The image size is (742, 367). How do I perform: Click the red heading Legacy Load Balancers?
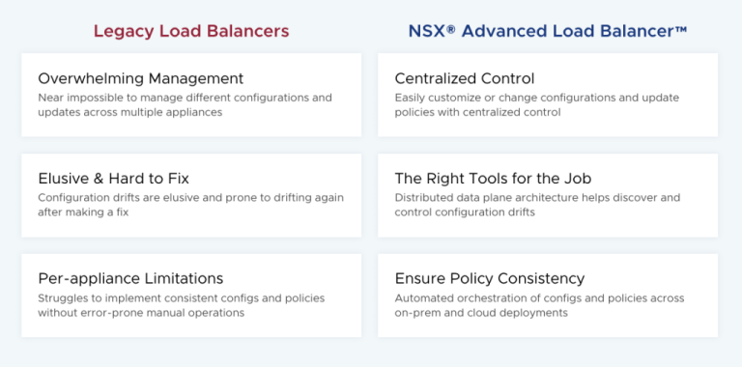click(190, 31)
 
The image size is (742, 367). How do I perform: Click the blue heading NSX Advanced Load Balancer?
click(547, 31)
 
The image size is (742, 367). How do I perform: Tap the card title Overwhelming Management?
click(140, 78)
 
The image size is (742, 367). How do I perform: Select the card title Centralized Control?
click(464, 78)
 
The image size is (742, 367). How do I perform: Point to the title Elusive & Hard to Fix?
click(113, 179)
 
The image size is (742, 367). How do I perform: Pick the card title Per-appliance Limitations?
click(130, 278)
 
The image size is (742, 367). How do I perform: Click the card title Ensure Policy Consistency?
click(489, 278)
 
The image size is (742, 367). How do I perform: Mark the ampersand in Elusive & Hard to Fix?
click(98, 179)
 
